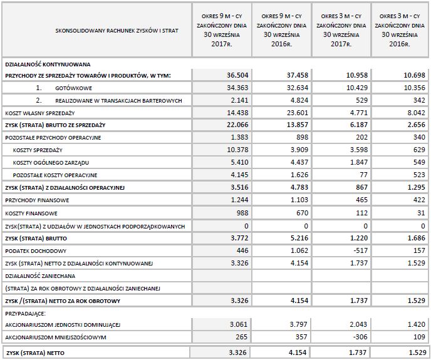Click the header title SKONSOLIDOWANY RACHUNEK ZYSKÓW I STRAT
pyautogui.click(x=97, y=29)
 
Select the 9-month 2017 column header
pyautogui.click(x=222, y=29)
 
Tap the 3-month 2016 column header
pyautogui.click(x=400, y=29)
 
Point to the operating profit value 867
pyautogui.click(x=360, y=187)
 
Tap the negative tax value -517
pyautogui.click(x=358, y=249)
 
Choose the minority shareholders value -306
pyautogui.click(x=358, y=337)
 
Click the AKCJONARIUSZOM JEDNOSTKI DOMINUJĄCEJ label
pyautogui.click(x=63, y=325)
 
